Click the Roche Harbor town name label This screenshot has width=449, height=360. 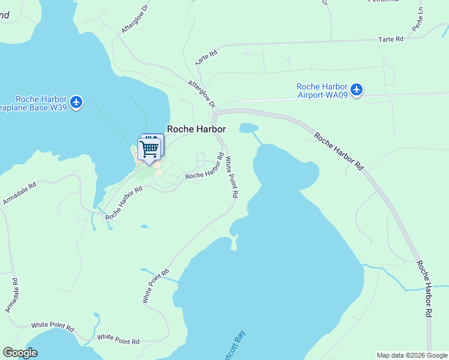click(196, 129)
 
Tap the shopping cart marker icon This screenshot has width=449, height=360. click(149, 148)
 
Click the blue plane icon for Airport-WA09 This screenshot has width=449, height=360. click(357, 90)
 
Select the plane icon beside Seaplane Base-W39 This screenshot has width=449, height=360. click(76, 103)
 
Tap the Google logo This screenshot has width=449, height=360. click(20, 353)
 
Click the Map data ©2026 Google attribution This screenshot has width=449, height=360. click(412, 355)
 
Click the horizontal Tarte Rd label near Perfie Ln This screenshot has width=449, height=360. click(391, 39)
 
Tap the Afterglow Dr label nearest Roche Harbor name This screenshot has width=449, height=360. click(201, 94)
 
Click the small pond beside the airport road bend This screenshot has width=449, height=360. click(249, 128)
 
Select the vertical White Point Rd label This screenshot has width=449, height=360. click(232, 177)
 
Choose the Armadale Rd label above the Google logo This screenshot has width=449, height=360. click(13, 295)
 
